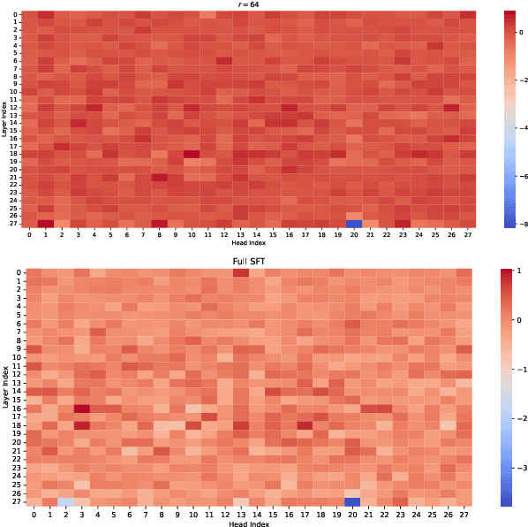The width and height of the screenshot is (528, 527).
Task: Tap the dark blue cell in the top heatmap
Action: click(x=353, y=224)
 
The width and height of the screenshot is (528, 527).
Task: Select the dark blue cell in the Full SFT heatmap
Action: click(x=353, y=501)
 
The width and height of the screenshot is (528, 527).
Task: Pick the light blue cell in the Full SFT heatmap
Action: click(x=65, y=501)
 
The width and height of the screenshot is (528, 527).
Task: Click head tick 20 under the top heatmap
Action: click(x=353, y=234)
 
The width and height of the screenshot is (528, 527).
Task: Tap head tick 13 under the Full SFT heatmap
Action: click(x=240, y=513)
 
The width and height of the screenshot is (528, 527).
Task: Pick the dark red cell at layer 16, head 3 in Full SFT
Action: click(x=82, y=409)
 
